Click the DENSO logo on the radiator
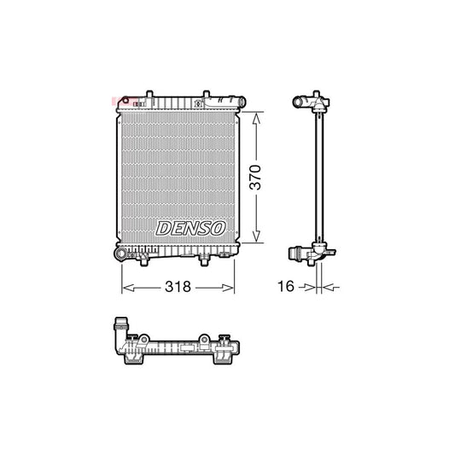click(190, 228)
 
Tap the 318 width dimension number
click(178, 288)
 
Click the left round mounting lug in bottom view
click(144, 340)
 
